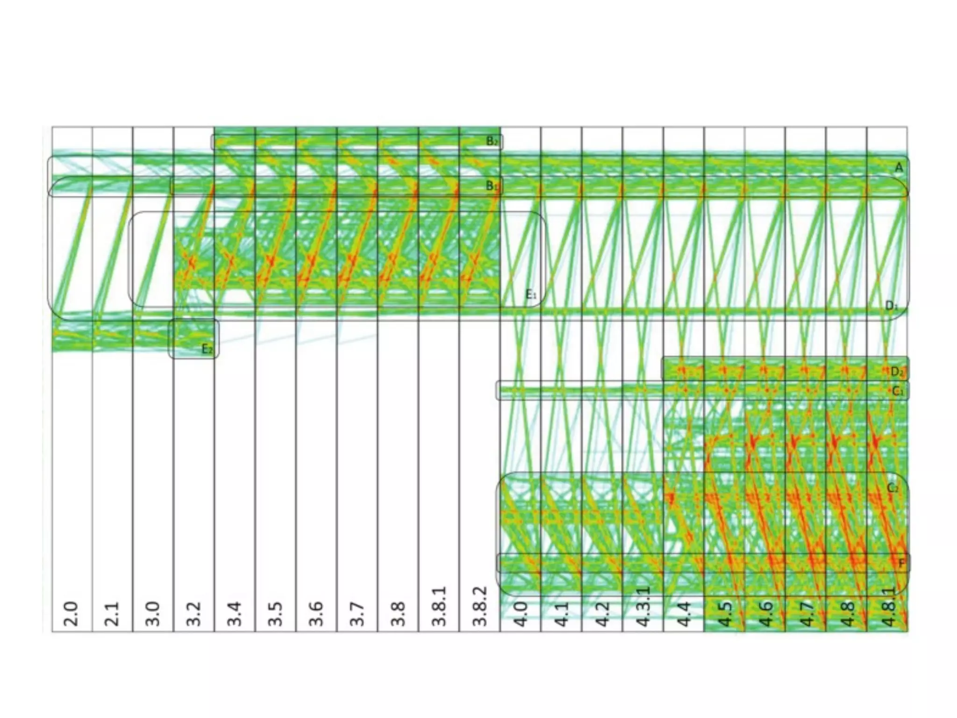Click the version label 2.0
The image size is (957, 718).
coord(71,614)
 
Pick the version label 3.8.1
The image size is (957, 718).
coord(439,607)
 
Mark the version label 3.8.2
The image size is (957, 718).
coord(479,607)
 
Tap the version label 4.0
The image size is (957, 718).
coord(520,614)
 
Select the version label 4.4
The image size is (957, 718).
coord(684,614)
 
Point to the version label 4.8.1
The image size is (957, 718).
coord(888,607)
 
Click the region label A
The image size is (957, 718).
coord(898,167)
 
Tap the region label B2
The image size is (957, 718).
coord(492,141)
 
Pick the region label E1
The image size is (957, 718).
coord(531,294)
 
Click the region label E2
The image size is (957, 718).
coord(207,349)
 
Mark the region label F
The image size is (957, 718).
coord(902,563)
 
